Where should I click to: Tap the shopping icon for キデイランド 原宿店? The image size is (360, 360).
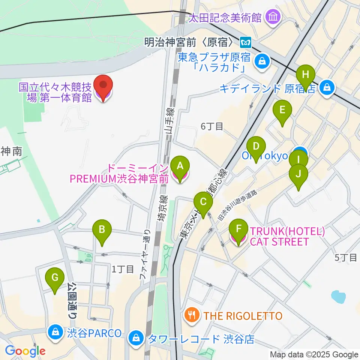[327, 88]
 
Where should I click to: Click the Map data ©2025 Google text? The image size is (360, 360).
[314, 354]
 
